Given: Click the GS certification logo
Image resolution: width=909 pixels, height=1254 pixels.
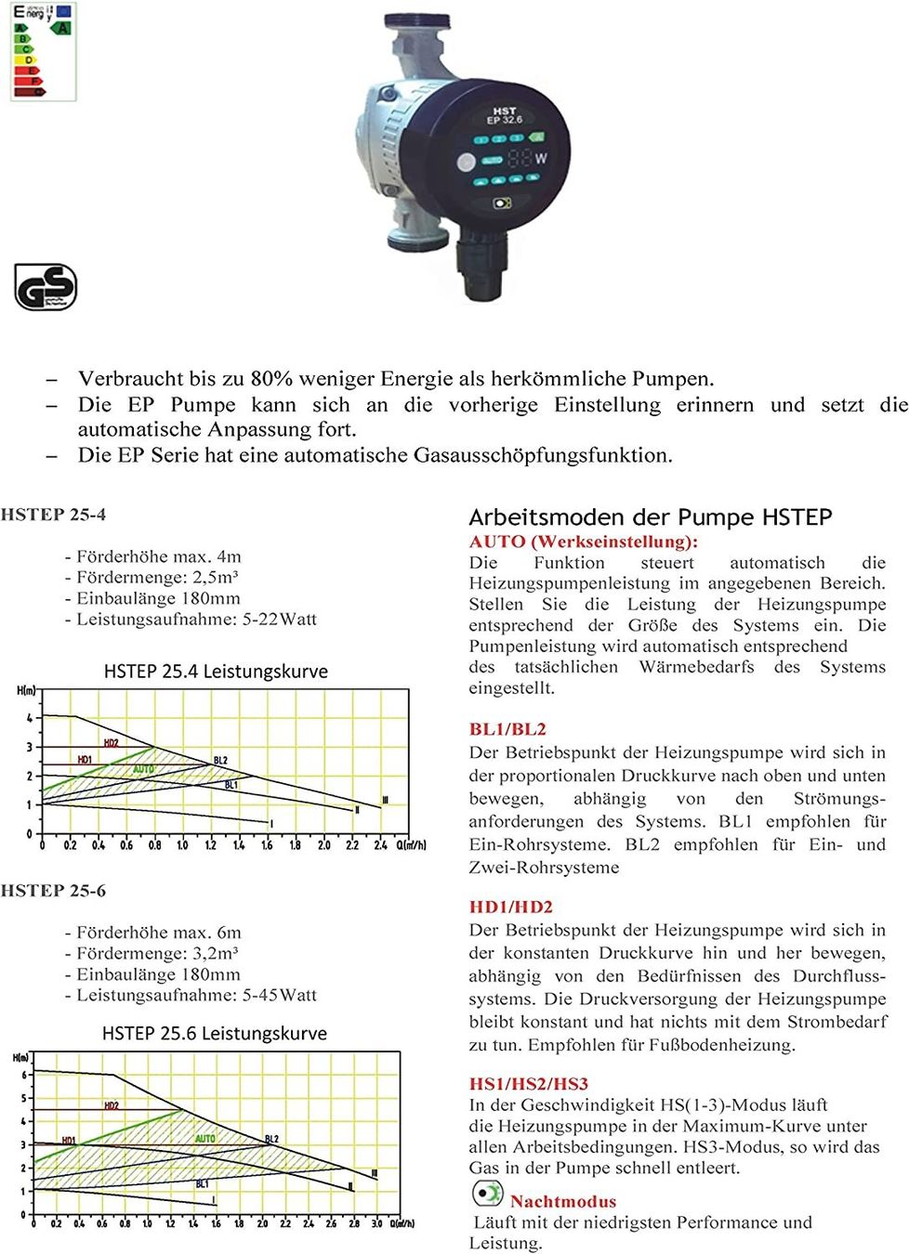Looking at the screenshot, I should click(x=46, y=287).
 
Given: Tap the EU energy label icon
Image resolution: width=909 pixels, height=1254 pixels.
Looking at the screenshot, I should click(x=43, y=52).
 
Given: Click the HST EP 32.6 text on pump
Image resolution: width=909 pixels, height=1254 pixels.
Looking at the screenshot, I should click(x=505, y=115).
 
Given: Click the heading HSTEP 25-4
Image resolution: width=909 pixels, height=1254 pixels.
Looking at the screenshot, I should click(x=53, y=515).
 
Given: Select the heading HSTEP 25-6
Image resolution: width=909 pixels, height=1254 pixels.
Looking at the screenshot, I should click(x=53, y=891).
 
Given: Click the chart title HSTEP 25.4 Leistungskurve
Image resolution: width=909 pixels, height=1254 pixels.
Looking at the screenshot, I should click(x=216, y=672).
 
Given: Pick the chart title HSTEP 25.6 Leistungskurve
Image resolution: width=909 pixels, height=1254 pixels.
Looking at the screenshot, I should click(x=215, y=1033).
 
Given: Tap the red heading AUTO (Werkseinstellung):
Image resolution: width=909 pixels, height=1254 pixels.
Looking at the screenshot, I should click(x=583, y=542).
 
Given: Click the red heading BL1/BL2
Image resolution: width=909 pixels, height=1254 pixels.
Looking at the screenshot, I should click(x=507, y=729).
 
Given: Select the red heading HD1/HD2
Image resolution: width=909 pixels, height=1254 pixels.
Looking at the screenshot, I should click(x=510, y=907).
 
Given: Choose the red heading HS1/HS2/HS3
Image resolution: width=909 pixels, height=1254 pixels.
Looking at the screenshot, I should click(x=528, y=1084).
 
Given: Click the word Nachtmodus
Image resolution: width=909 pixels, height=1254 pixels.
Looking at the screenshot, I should click(x=562, y=1201).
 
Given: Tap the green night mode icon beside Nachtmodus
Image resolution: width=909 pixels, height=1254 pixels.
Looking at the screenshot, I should click(x=487, y=1194).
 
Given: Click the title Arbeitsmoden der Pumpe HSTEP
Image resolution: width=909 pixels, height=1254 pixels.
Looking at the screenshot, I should click(x=650, y=517).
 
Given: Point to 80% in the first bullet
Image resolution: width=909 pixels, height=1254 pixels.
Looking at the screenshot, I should click(x=271, y=379).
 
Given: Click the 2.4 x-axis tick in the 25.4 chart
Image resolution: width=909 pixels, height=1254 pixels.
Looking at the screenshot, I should click(x=380, y=845).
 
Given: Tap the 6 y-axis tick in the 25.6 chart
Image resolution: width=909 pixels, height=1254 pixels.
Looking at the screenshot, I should click(x=24, y=1076).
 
